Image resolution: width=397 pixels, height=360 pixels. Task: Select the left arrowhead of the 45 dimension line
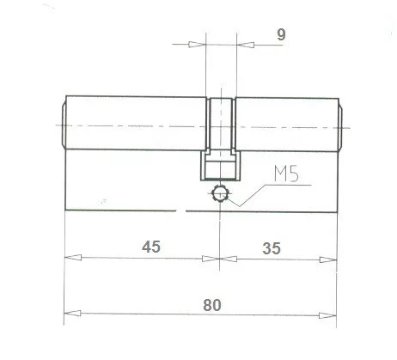[x=70, y=256]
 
